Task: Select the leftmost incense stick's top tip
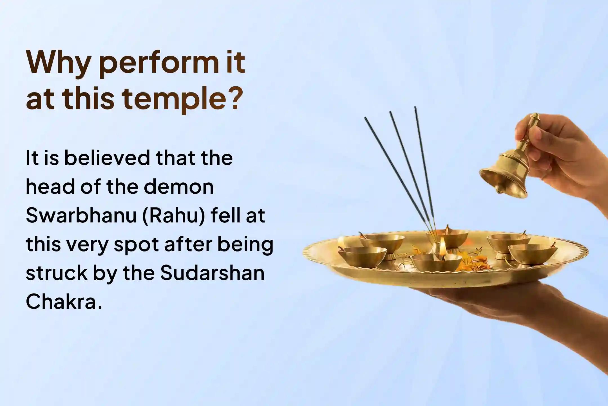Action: tap(366, 118)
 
